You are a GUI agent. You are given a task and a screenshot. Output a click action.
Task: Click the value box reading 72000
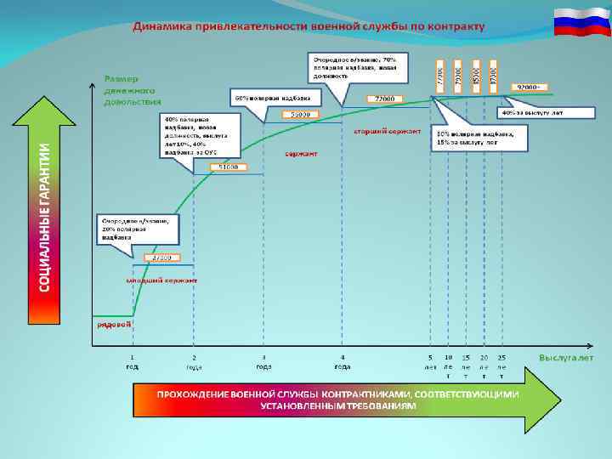[x=384, y=99]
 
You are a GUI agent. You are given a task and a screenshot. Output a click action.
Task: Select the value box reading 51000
[x=228, y=167]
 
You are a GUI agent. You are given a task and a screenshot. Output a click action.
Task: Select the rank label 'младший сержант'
[x=161, y=280]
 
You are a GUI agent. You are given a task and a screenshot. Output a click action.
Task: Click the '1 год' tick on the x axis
[x=132, y=362]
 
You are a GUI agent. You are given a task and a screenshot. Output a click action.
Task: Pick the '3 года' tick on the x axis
[x=263, y=362]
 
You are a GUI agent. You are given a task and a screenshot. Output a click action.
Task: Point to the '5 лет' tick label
[x=431, y=362]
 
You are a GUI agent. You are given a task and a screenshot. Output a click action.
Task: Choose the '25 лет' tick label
[x=501, y=365]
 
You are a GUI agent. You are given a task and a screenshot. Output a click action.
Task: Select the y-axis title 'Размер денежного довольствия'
[x=132, y=88]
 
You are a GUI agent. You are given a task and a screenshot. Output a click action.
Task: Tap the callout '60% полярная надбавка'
[x=273, y=96]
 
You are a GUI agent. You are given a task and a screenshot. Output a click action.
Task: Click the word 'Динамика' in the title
[x=161, y=25]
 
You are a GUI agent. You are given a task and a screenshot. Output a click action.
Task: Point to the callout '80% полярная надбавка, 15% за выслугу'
[x=479, y=138]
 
